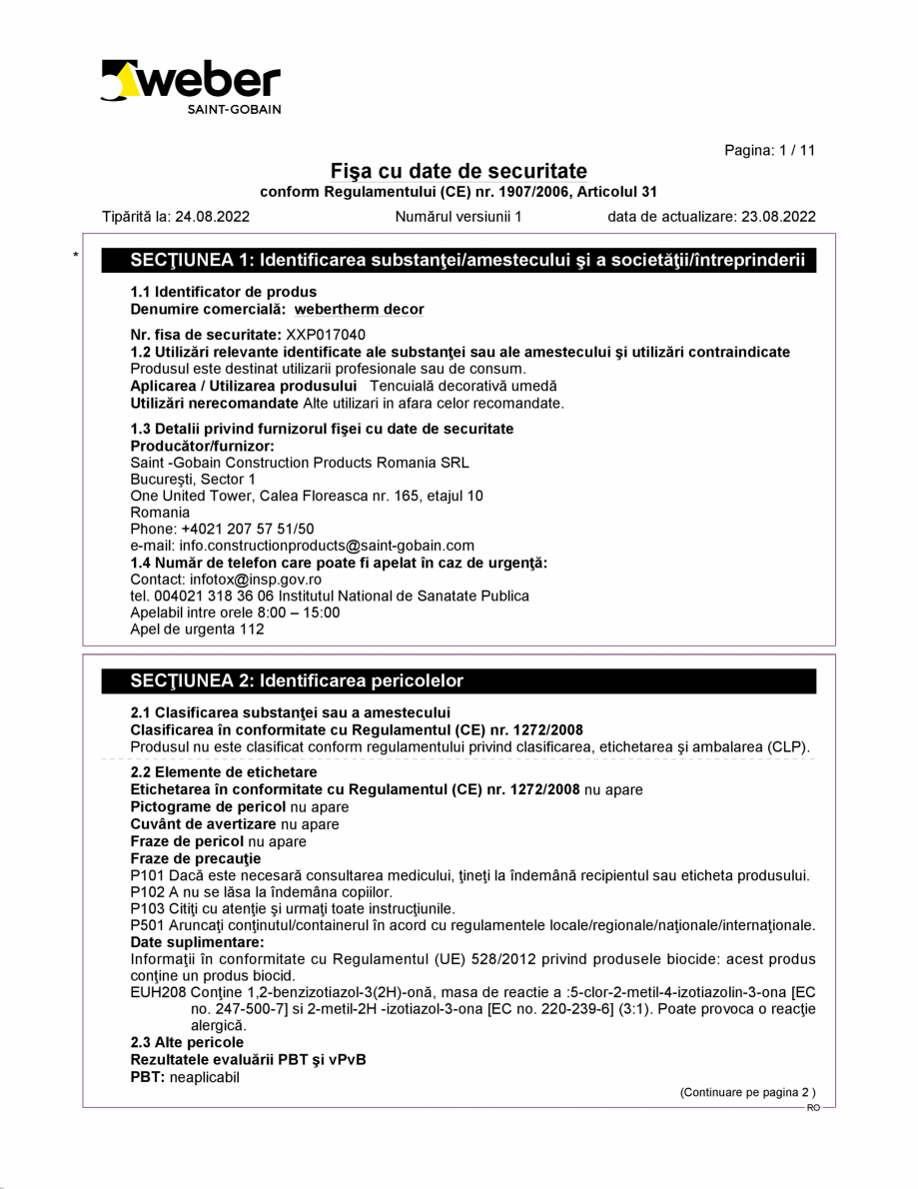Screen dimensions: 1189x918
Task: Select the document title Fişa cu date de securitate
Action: (x=459, y=171)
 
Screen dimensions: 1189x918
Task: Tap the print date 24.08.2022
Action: (x=212, y=216)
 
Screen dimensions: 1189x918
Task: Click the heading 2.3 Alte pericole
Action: (x=187, y=1042)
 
